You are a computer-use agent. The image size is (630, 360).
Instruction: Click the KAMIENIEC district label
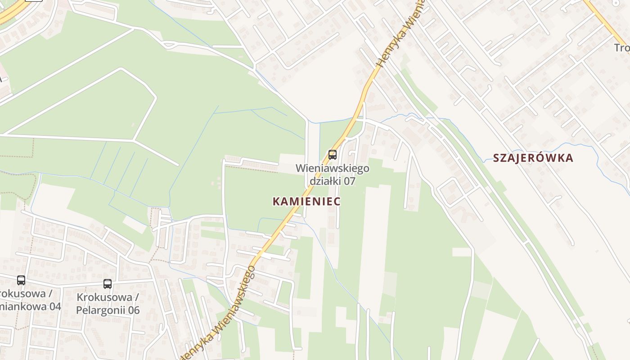click(306, 201)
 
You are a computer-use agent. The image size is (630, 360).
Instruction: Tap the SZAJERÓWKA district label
click(533, 158)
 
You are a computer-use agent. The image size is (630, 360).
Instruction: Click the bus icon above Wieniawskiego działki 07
click(333, 155)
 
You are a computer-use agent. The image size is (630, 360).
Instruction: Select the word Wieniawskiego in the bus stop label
click(333, 168)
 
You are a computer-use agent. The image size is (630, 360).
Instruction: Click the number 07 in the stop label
click(350, 181)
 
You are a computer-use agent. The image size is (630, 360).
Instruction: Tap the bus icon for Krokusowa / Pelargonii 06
click(107, 284)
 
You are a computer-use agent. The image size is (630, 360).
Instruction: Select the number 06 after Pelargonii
click(132, 310)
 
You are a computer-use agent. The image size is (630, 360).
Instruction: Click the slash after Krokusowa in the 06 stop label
click(136, 297)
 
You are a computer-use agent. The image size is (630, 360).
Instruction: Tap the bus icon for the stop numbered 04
click(21, 280)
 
